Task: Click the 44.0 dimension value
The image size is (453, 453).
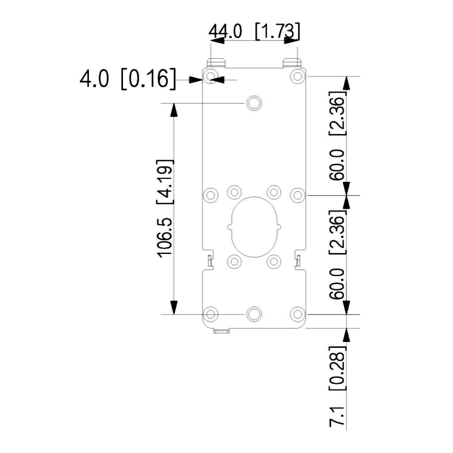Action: click(x=226, y=32)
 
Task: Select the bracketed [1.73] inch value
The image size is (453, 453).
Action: click(x=278, y=32)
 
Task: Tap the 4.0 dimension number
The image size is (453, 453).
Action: click(x=94, y=80)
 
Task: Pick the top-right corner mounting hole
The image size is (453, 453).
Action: click(x=297, y=76)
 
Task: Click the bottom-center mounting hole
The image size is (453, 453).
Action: click(x=254, y=314)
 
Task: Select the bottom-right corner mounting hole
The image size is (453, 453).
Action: click(x=297, y=314)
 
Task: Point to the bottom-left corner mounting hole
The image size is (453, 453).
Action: click(x=211, y=314)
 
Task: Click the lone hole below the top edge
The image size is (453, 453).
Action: click(x=254, y=103)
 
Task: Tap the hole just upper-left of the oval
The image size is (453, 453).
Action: click(x=234, y=192)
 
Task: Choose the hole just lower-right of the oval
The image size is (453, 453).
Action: click(x=274, y=261)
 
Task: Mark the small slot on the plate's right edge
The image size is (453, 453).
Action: click(x=298, y=261)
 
